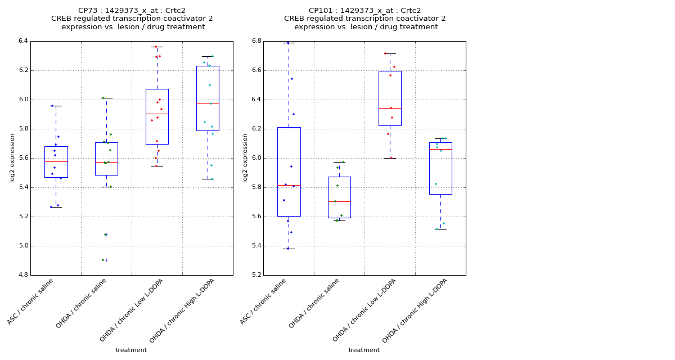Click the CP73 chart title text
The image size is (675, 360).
(x=132, y=19)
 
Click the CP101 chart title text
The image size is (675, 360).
(x=364, y=19)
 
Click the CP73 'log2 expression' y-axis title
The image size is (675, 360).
(x=12, y=157)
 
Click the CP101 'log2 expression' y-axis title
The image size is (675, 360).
(x=245, y=157)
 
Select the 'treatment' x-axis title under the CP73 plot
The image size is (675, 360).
(x=131, y=350)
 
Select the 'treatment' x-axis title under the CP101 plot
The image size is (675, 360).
(x=364, y=350)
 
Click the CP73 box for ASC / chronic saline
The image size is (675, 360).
(x=56, y=169)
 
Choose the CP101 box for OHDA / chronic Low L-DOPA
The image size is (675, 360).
(x=390, y=90)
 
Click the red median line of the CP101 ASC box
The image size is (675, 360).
(x=289, y=185)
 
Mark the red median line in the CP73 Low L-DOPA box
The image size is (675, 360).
(x=157, y=114)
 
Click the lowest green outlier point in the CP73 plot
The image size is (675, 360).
(x=103, y=260)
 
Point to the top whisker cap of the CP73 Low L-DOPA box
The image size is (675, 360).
(x=157, y=47)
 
